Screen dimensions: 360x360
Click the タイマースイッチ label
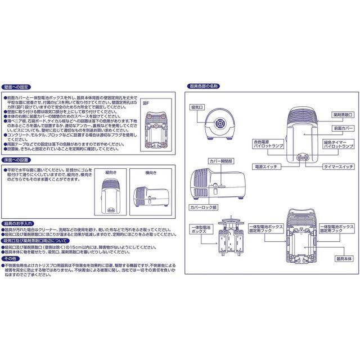pos(337,167)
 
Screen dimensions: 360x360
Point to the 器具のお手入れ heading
pos(18,223)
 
